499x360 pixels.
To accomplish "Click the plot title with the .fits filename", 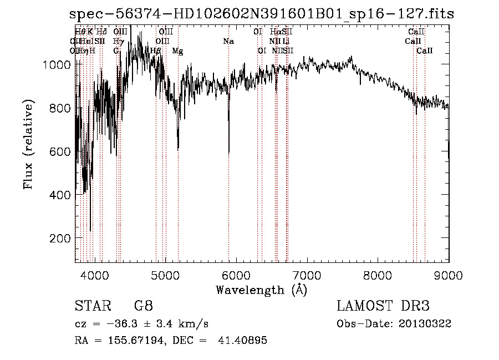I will pyautogui.click(x=261, y=14).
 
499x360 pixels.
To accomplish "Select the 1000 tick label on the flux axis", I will pyautogui.click(x=57, y=65).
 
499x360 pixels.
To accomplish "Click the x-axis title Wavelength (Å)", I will pyautogui.click(x=261, y=289).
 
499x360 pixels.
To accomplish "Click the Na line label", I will pyautogui.click(x=228, y=42).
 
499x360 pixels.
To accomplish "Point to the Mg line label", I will pyautogui.click(x=178, y=51).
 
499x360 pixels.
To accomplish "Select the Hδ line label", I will pyautogui.click(x=101, y=32).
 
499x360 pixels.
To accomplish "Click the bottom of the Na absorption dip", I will pyautogui.click(x=229, y=153).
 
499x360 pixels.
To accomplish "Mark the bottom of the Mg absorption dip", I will pyautogui.click(x=178, y=149).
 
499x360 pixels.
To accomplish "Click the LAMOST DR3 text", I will pyautogui.click(x=383, y=306).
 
